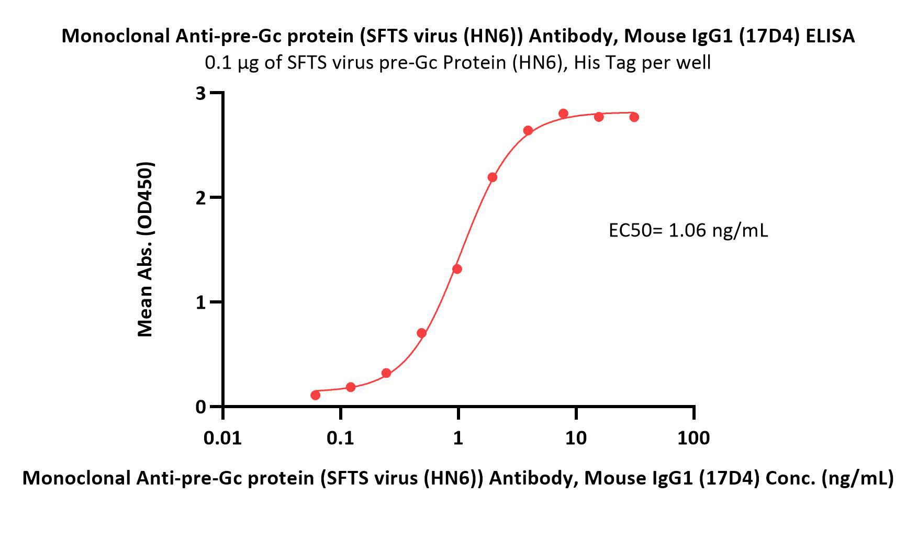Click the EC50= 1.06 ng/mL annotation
[x=688, y=230]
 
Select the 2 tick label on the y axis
[x=201, y=198]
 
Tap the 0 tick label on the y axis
[x=201, y=407]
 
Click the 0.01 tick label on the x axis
[x=223, y=437]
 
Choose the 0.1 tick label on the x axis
[x=340, y=437]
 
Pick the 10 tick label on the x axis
[x=576, y=437]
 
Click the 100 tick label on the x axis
[x=694, y=437]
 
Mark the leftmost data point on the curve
[x=316, y=395]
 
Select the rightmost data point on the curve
[x=634, y=117]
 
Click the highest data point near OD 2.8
[x=563, y=114]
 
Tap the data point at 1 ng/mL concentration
[x=457, y=269]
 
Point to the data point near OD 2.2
[x=493, y=177]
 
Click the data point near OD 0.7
[x=422, y=333]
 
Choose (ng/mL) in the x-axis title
[x=858, y=478]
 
